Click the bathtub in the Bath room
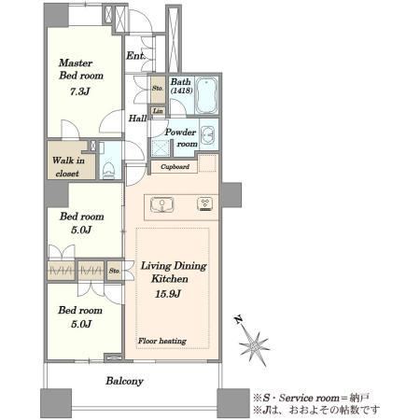pyautogui.click(x=206, y=95)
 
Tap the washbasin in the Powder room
pyautogui.click(x=207, y=135)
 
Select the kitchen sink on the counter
pyautogui.click(x=161, y=204)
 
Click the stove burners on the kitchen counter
pyautogui.click(x=205, y=204)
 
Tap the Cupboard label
pyautogui.click(x=175, y=167)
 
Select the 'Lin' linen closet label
pyautogui.click(x=158, y=111)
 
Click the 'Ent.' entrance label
pyautogui.click(x=135, y=56)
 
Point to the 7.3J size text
pyautogui.click(x=80, y=91)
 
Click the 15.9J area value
pyautogui.click(x=168, y=294)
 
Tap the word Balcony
pyautogui.click(x=124, y=381)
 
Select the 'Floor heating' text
pyautogui.click(x=162, y=341)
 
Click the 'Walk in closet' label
pyautogui.click(x=68, y=167)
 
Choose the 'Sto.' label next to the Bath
pyautogui.click(x=158, y=88)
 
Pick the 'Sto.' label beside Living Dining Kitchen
pyautogui.click(x=114, y=271)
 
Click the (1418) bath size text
pyautogui.click(x=181, y=91)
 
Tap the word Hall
pyautogui.click(x=137, y=119)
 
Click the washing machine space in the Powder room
pyautogui.click(x=161, y=147)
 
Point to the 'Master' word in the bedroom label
pyautogui.click(x=76, y=63)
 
